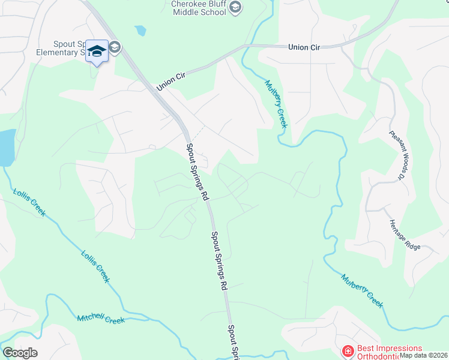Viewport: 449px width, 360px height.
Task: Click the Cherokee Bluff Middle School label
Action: pyautogui.click(x=197, y=7)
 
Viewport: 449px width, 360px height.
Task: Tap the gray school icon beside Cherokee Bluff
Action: pyautogui.click(x=236, y=7)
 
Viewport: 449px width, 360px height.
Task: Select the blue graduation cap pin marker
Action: pyautogui.click(x=97, y=50)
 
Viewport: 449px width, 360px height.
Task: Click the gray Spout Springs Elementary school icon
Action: pyautogui.click(x=115, y=48)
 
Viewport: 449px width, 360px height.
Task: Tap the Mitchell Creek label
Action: pyautogui.click(x=101, y=318)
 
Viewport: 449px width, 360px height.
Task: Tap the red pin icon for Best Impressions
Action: pyautogui.click(x=348, y=350)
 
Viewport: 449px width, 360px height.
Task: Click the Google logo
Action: pyautogui.click(x=20, y=353)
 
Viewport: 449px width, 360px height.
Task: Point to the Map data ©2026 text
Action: pyautogui.click(x=424, y=355)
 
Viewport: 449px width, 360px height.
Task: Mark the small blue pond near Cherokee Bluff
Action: pyautogui.click(x=140, y=30)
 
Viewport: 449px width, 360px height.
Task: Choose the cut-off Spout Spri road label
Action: pyautogui.click(x=234, y=341)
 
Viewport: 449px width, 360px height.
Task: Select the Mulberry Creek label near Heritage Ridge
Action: pyautogui.click(x=362, y=290)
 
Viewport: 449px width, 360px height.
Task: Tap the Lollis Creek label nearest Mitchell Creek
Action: pyautogui.click(x=95, y=265)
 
